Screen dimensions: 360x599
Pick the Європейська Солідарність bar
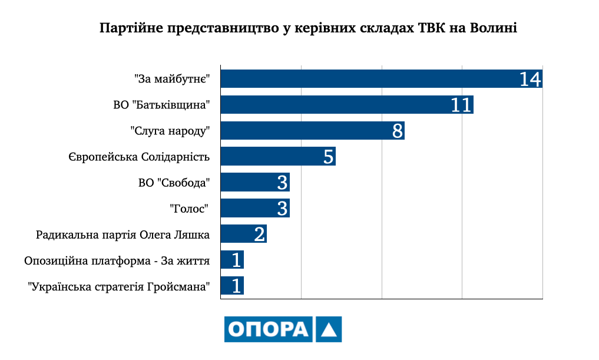pyautogui.click(x=271, y=157)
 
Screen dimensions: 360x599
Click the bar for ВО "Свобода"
pyautogui.click(x=247, y=183)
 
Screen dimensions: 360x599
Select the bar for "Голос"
pyautogui.click(x=247, y=209)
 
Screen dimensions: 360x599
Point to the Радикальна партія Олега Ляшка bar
pyautogui.click(x=236, y=234)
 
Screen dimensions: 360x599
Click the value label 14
pyautogui.click(x=530, y=79)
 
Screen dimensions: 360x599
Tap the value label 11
pyautogui.click(x=462, y=105)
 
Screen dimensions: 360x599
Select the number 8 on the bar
pyautogui.click(x=398, y=131)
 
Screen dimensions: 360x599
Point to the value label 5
pyautogui.click(x=329, y=157)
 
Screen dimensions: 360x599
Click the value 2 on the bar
pyautogui.click(x=260, y=235)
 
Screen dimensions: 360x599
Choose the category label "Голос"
pyautogui.click(x=190, y=209)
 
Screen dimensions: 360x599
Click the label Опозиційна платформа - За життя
pyautogui.click(x=117, y=260)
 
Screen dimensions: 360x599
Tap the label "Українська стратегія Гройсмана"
pyautogui.click(x=120, y=287)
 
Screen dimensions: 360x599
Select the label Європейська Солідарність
pyautogui.click(x=139, y=157)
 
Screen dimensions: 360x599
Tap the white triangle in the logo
pyautogui.click(x=329, y=331)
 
